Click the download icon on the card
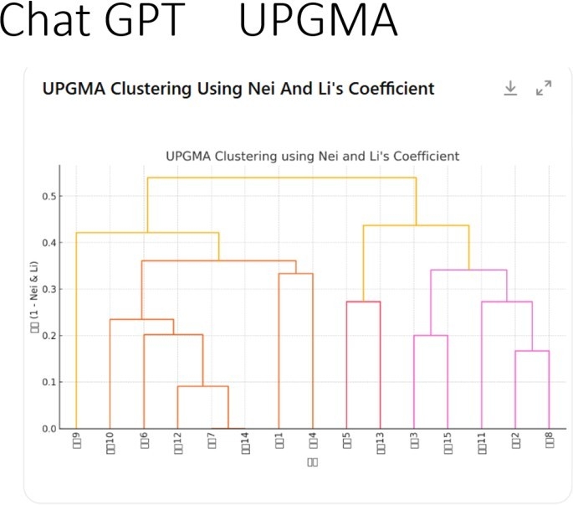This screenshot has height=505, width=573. (510, 88)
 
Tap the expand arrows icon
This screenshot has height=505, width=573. (544, 88)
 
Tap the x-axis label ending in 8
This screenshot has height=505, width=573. (550, 441)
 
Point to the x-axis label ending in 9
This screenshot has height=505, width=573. (76, 441)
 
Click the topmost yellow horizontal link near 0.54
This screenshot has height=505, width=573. (281, 178)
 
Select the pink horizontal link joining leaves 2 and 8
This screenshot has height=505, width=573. (532, 351)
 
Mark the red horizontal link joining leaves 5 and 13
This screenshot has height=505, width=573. (363, 301)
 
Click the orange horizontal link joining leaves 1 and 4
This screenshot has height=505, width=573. (295, 274)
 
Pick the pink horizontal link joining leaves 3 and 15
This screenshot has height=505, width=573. (431, 336)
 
